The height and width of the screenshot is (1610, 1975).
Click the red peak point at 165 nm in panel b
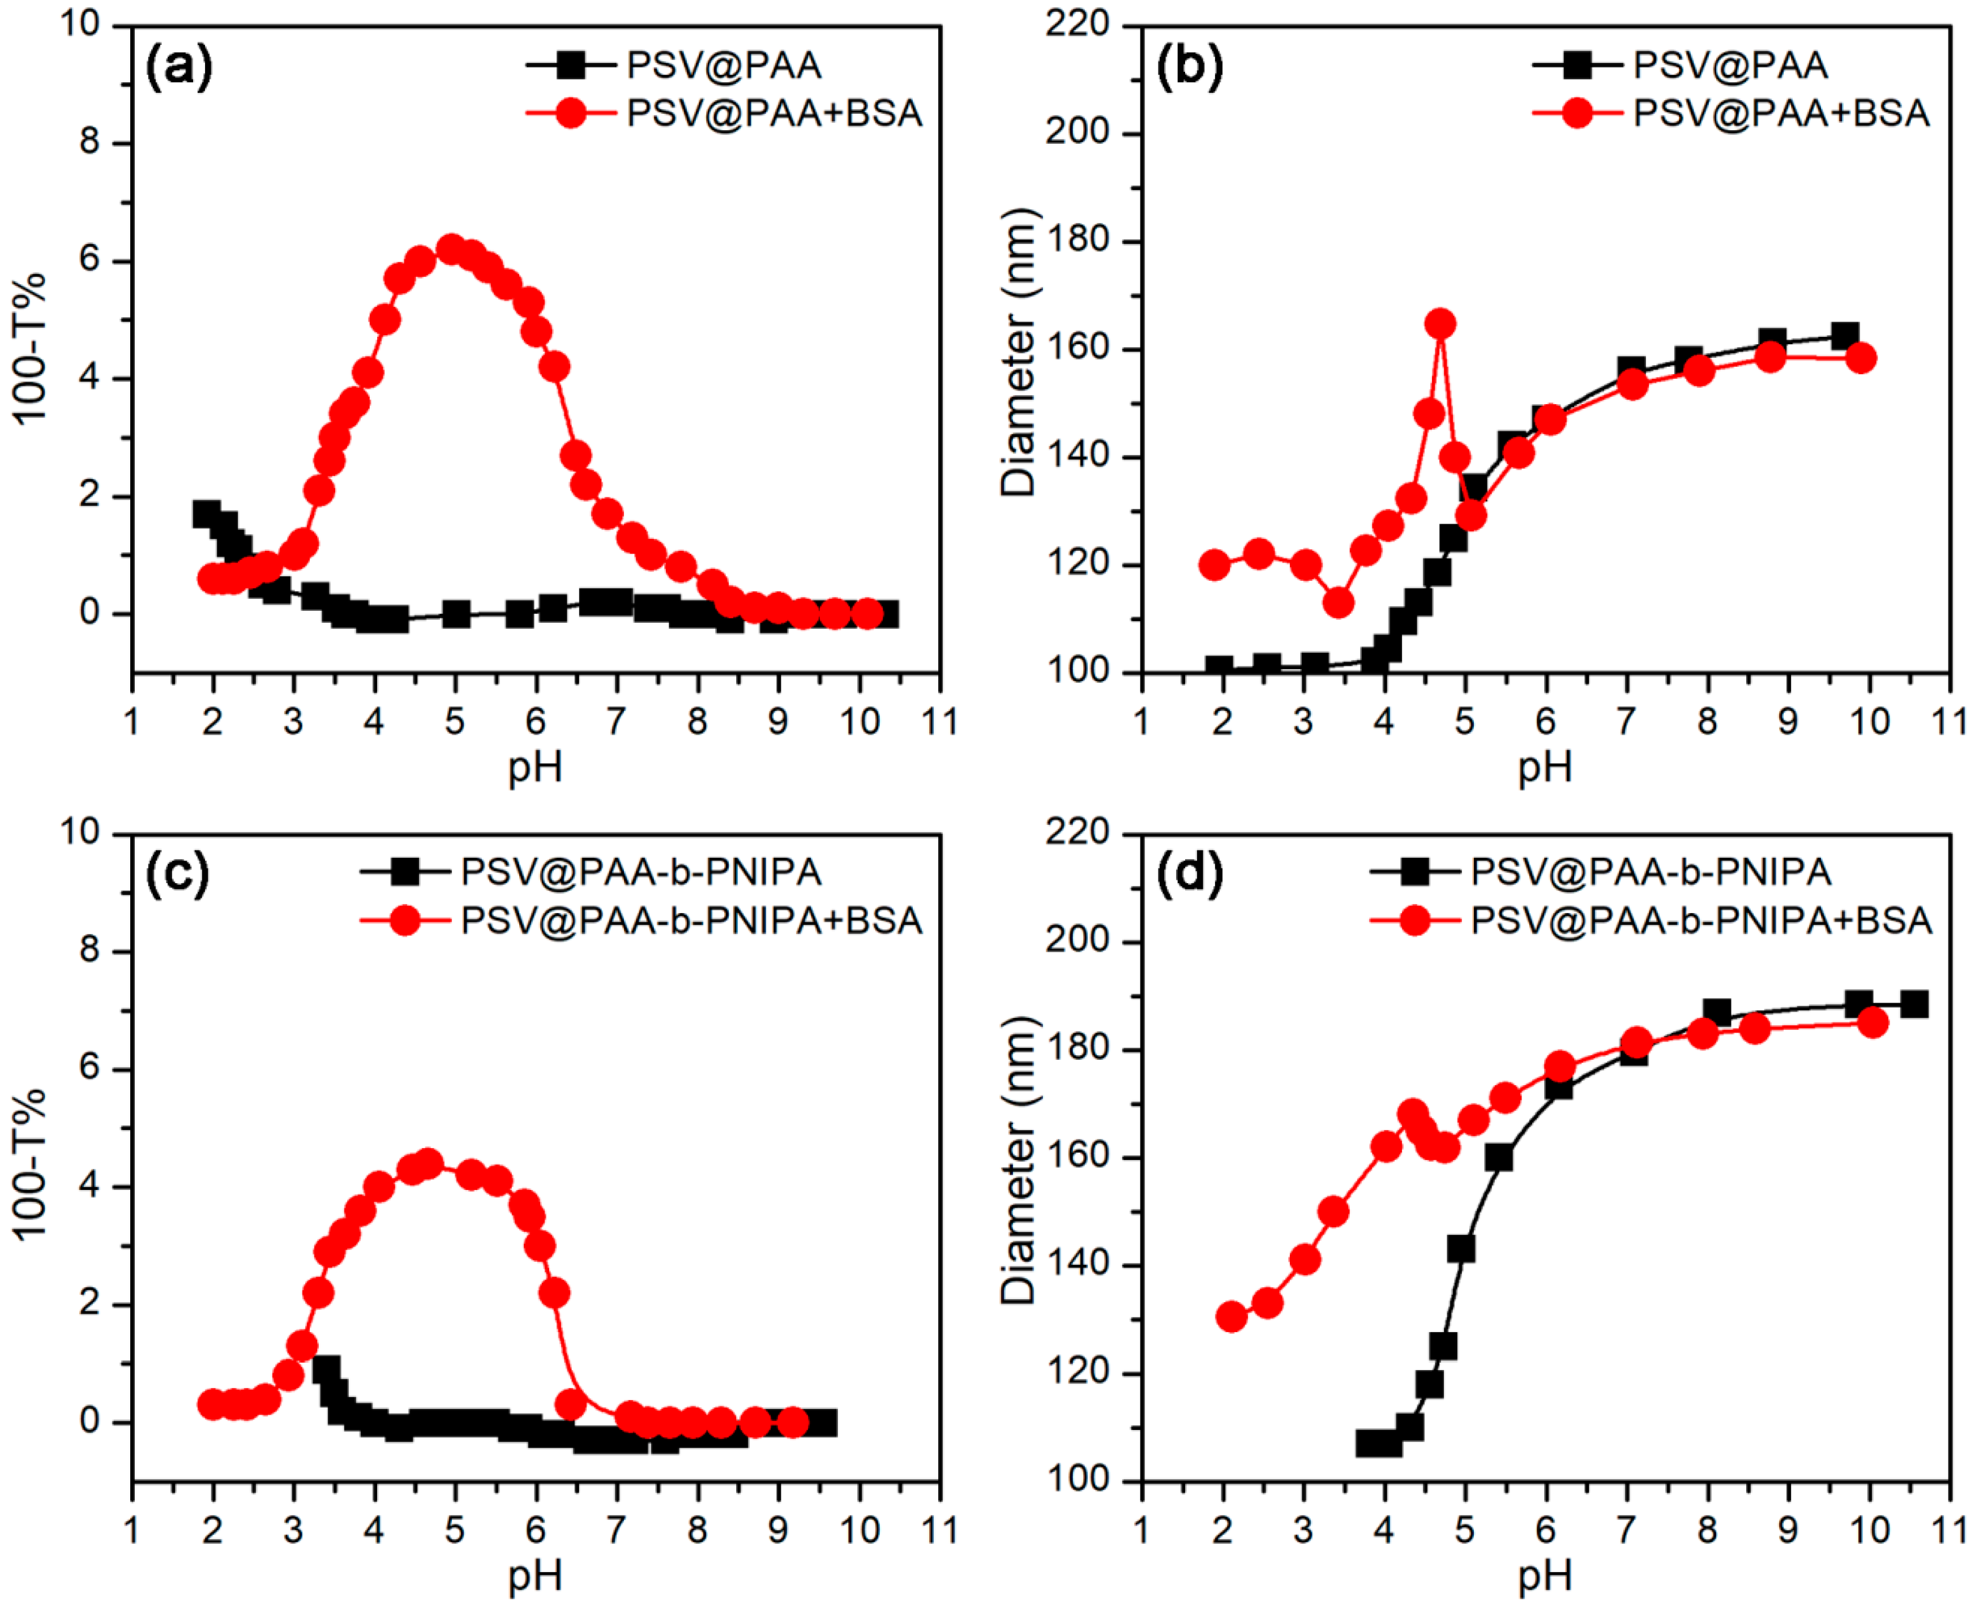1440,324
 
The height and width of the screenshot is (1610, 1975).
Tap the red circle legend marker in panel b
1577,113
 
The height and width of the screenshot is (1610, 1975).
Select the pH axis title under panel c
535,1575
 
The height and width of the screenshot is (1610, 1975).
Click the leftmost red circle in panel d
1231,1317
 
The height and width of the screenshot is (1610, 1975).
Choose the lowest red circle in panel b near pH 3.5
1337,603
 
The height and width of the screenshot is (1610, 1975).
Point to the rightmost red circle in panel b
1860,358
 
